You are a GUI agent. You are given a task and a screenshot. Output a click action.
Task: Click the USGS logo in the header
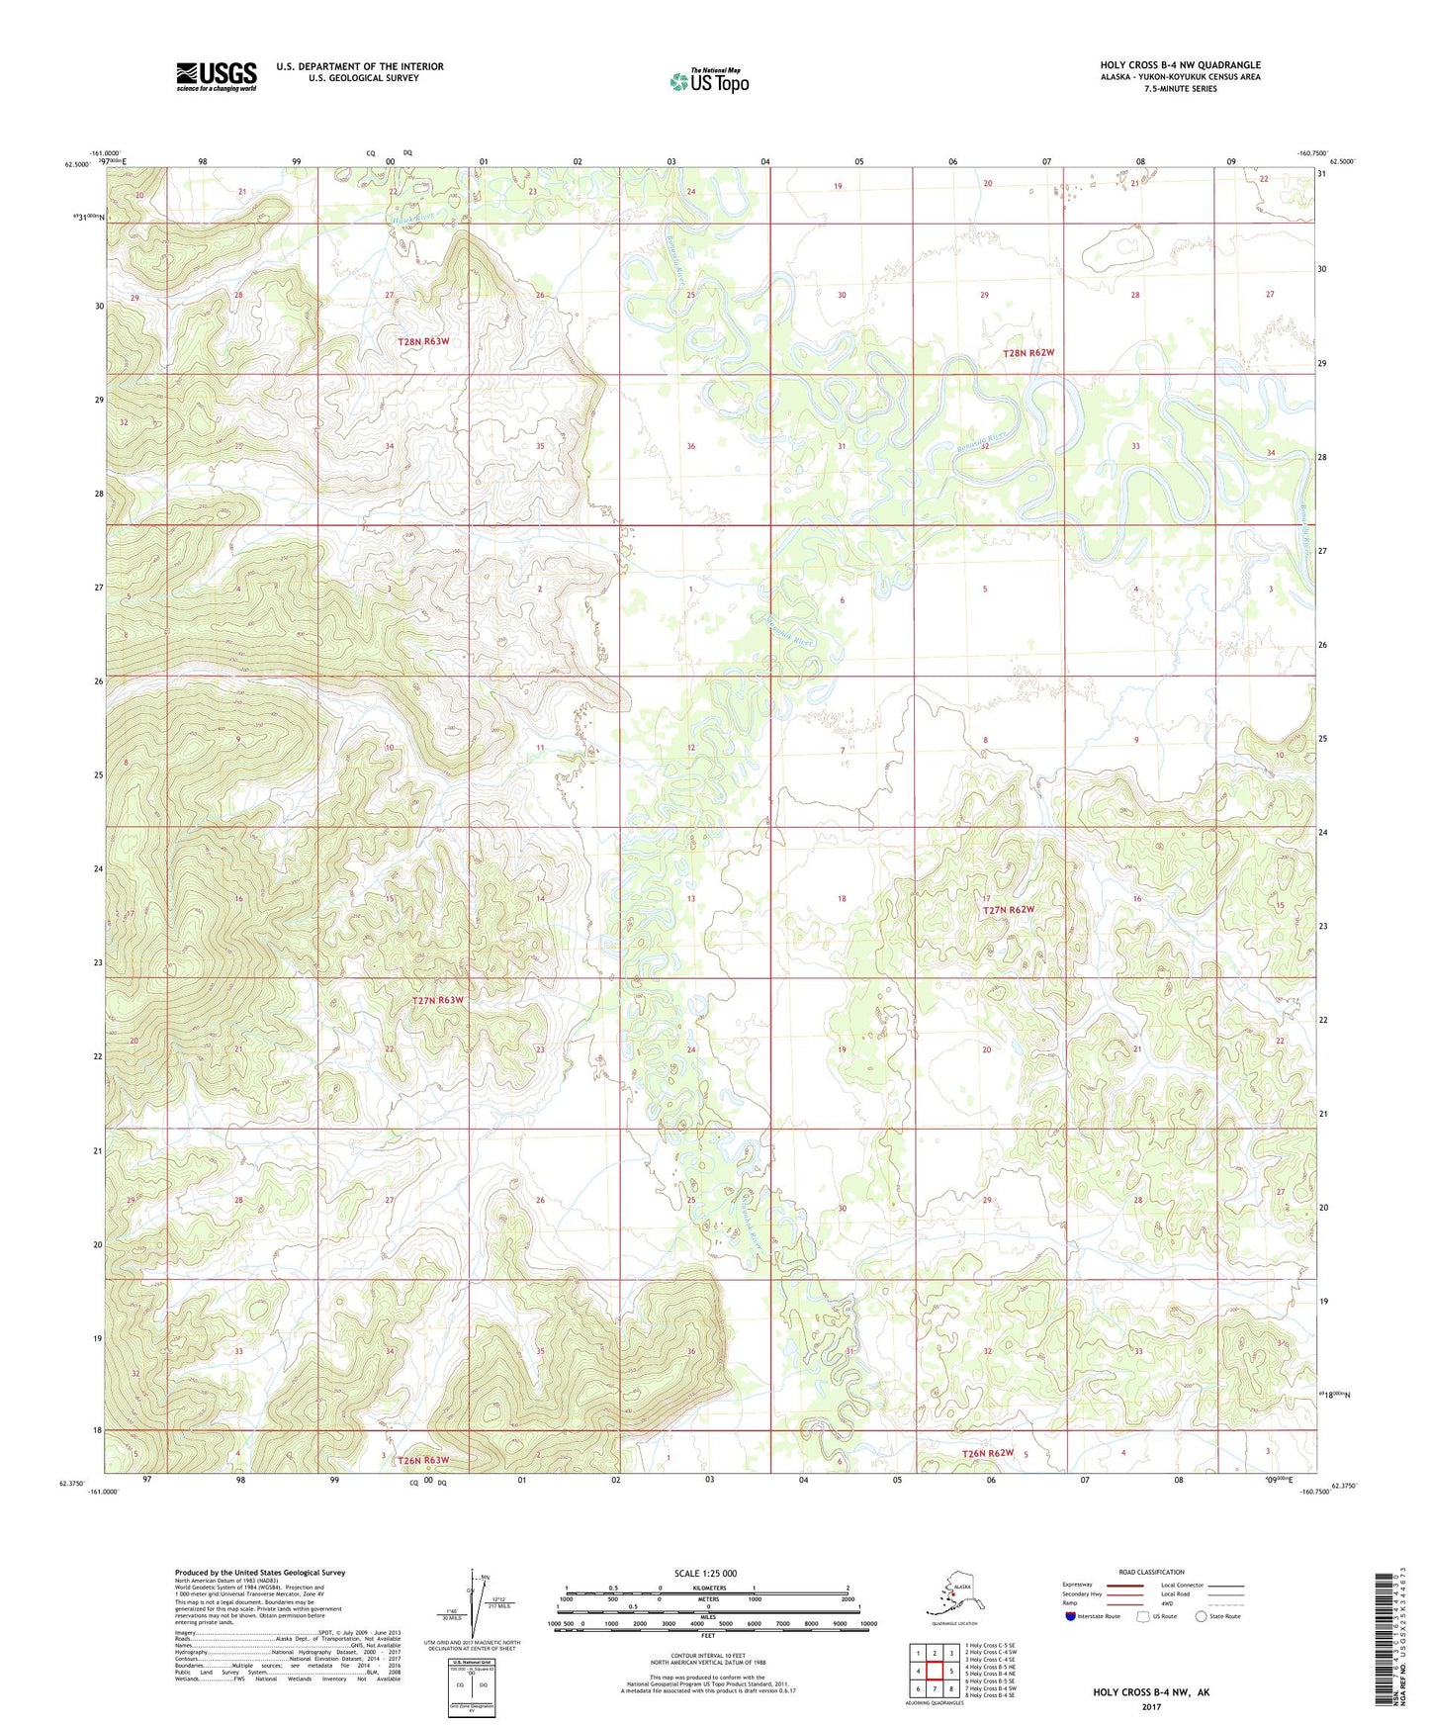[x=216, y=76]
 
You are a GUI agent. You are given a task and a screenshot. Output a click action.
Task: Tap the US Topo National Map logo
[x=708, y=80]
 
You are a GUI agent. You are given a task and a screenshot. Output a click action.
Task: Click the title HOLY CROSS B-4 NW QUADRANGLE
[x=1180, y=65]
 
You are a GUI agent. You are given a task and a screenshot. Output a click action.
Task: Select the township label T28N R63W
[x=423, y=341]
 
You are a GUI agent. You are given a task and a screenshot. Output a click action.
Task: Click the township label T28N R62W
[x=1028, y=353]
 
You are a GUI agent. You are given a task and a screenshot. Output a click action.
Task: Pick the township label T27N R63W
[x=437, y=1000]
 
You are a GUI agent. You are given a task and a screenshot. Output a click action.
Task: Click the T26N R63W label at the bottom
[x=423, y=1460]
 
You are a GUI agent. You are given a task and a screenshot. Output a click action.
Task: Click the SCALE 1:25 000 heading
[x=706, y=1573]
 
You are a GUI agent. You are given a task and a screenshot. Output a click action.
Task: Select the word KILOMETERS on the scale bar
[x=706, y=1588]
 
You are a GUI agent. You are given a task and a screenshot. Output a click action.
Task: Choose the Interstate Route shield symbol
[x=1070, y=1616]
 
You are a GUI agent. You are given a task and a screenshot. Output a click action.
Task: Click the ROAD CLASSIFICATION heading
[x=1151, y=1572]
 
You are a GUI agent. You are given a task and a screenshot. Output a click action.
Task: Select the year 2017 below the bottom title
[x=1150, y=1706]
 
